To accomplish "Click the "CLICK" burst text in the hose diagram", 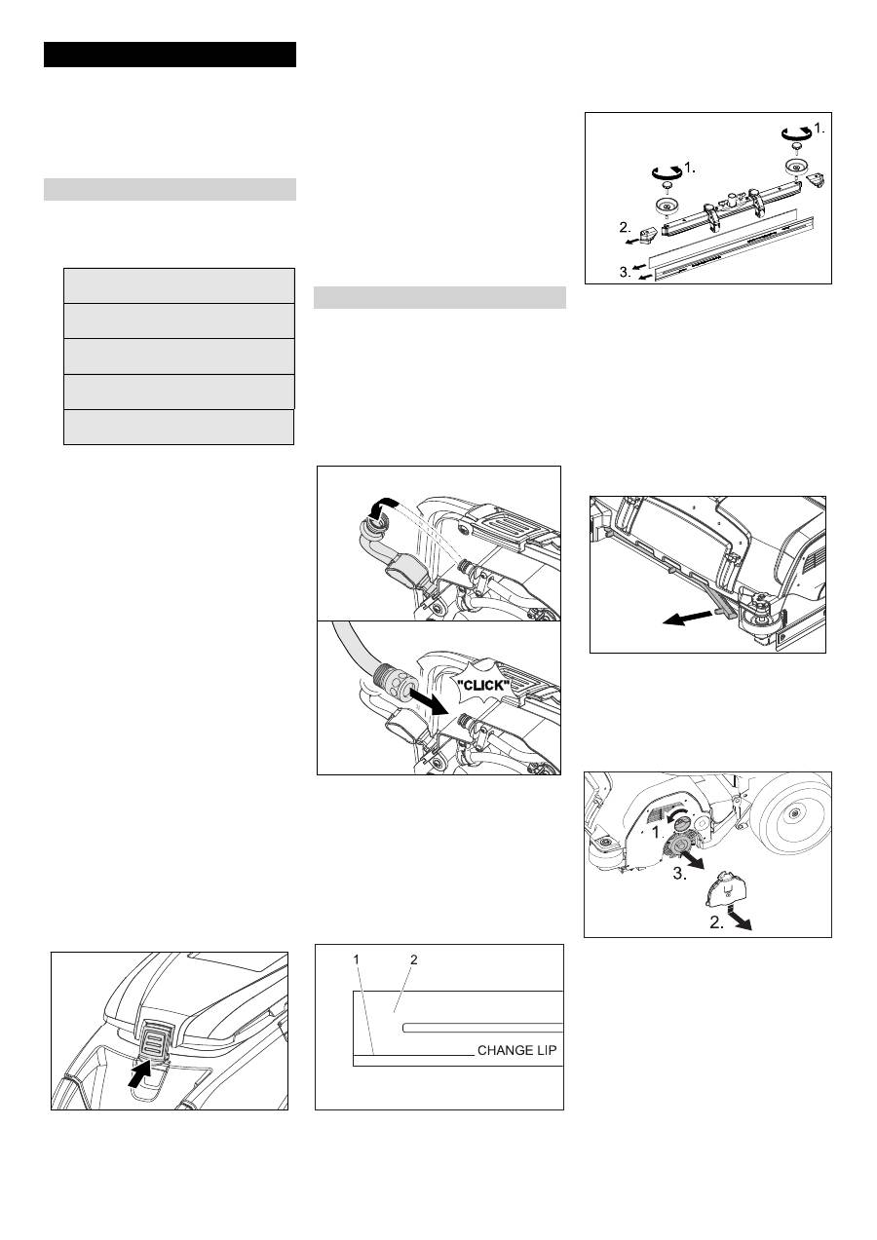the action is click(x=483, y=685).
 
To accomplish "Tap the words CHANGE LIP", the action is click(x=516, y=1051).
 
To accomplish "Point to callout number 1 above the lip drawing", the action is click(x=357, y=959).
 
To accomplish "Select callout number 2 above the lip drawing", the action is click(x=413, y=959).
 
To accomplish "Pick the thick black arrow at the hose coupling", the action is click(x=428, y=703).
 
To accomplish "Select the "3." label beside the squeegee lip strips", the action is click(x=625, y=272).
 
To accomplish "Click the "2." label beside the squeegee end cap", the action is click(x=625, y=227).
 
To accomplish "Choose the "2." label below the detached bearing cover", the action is click(x=716, y=922).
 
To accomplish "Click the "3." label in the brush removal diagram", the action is click(x=680, y=874).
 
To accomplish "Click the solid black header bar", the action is click(x=170, y=55).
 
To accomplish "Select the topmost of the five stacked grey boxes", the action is click(x=179, y=285).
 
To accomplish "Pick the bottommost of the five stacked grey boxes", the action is click(x=178, y=427).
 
